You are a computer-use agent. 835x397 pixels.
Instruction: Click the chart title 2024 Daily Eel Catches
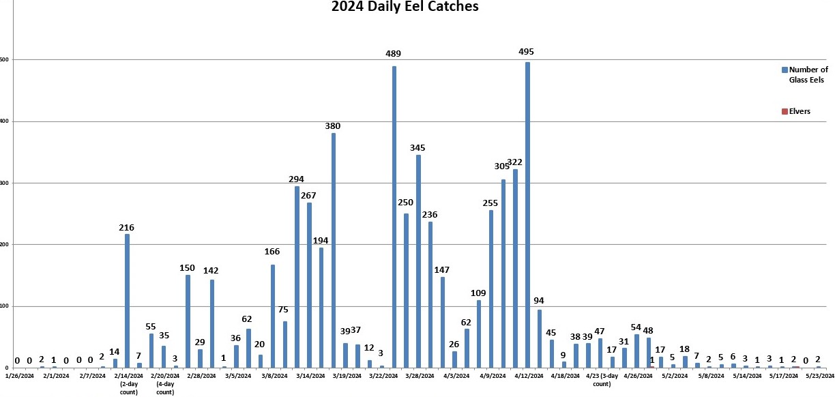(x=405, y=8)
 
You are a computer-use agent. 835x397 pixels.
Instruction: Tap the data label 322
(x=515, y=162)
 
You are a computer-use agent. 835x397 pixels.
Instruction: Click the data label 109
(x=478, y=293)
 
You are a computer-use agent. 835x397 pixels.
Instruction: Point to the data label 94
(x=539, y=301)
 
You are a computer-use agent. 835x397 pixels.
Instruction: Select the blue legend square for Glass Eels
(x=785, y=70)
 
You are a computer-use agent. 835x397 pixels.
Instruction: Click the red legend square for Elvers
(x=785, y=111)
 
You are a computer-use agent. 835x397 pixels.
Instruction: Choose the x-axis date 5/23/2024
(x=820, y=375)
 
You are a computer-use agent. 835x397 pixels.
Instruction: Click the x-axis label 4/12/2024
(x=528, y=375)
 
